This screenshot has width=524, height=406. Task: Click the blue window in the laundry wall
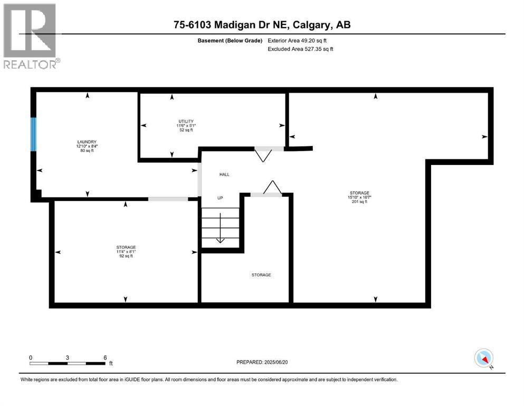[x=33, y=134]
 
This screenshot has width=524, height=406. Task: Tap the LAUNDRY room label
[x=86, y=142]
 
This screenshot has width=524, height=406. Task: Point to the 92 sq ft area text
[x=126, y=256]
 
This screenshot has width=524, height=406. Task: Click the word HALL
[x=224, y=174]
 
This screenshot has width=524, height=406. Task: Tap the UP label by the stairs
[x=221, y=198]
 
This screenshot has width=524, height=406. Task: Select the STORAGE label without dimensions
[x=261, y=275]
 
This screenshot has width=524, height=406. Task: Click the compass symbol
[x=483, y=358]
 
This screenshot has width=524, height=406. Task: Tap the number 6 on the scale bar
[x=106, y=357]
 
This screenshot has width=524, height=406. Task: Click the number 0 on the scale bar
[x=31, y=357]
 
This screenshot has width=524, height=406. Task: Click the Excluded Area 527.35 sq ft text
[x=301, y=49]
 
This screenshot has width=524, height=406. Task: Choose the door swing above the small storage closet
[x=272, y=187]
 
